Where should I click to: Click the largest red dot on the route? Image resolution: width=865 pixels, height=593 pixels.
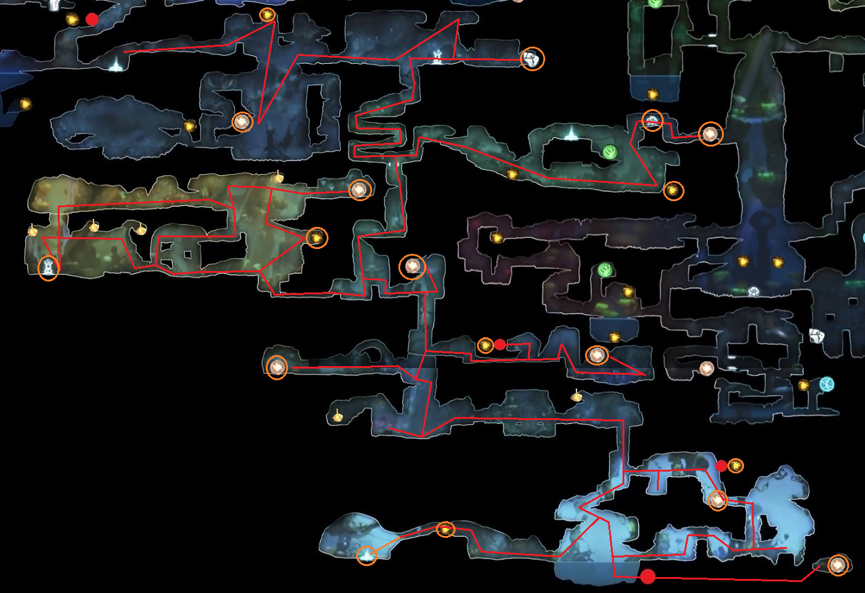[648, 576]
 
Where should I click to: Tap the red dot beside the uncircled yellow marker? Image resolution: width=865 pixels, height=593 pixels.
[92, 19]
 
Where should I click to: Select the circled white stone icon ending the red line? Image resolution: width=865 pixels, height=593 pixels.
[532, 59]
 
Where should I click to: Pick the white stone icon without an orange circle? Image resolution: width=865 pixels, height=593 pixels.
[816, 335]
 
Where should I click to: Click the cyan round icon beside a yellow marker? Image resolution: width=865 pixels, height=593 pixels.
[827, 384]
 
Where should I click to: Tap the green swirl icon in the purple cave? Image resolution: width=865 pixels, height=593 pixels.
[605, 269]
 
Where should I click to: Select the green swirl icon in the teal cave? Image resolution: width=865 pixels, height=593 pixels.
[610, 151]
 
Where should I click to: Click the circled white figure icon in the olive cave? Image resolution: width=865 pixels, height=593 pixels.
[48, 268]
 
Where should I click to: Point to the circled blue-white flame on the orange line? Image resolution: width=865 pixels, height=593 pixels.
[367, 555]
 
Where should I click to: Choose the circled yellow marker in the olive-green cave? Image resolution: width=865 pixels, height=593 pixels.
[317, 237]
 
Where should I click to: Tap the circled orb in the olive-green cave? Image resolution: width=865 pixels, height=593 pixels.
[360, 189]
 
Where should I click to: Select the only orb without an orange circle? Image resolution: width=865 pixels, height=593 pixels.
[707, 369]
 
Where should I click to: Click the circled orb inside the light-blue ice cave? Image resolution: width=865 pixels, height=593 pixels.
[718, 500]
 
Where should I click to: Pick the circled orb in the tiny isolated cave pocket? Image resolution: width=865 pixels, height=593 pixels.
[838, 564]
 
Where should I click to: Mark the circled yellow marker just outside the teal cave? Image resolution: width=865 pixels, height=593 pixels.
[673, 191]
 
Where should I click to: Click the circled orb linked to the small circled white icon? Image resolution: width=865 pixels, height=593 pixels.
[710, 133]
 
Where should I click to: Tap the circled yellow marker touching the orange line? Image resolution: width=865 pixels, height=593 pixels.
[446, 529]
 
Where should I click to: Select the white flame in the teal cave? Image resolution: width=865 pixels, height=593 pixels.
[572, 133]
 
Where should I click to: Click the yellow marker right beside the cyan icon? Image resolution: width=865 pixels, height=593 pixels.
[804, 385]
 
